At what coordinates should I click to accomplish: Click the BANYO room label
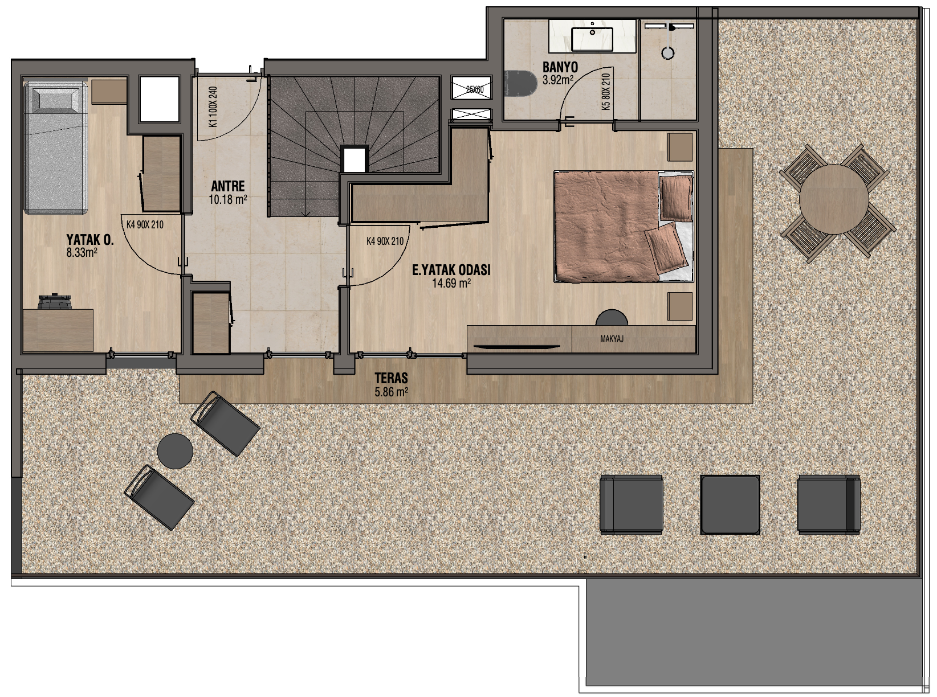[x=560, y=67]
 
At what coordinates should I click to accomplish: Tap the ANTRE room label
[x=228, y=186]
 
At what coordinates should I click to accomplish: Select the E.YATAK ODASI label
[x=451, y=270]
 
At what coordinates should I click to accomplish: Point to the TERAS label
[x=391, y=378]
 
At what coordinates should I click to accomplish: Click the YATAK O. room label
[x=90, y=240]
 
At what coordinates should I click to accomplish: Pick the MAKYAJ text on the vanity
[x=612, y=339]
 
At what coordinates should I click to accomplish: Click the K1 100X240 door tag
[x=213, y=107]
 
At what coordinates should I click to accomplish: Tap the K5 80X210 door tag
[x=606, y=92]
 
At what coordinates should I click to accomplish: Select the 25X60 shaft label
[x=474, y=89]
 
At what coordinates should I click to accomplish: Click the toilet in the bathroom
[x=520, y=83]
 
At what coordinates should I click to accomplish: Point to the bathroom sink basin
[x=592, y=39]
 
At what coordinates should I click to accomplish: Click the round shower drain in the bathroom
[x=668, y=53]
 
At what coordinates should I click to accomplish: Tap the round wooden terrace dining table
[x=833, y=199]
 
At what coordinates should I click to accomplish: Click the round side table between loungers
[x=175, y=451]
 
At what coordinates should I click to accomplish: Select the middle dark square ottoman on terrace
[x=730, y=505]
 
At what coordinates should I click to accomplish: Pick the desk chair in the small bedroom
[x=55, y=301]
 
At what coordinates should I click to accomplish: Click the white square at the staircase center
[x=355, y=159]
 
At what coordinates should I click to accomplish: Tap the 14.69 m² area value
[x=451, y=283]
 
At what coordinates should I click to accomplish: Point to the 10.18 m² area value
[x=228, y=199]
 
